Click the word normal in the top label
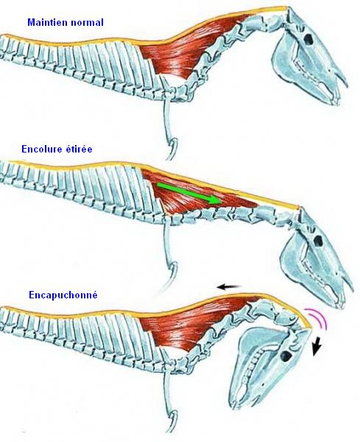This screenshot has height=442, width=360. point(88,23)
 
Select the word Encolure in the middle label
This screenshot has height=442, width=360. point(40,149)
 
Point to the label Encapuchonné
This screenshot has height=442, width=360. point(63,295)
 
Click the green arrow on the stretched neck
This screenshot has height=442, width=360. point(188,193)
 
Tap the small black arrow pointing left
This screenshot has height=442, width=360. point(230,287)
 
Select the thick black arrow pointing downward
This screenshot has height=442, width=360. point(318,347)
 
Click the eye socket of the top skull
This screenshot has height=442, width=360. point(308,39)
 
